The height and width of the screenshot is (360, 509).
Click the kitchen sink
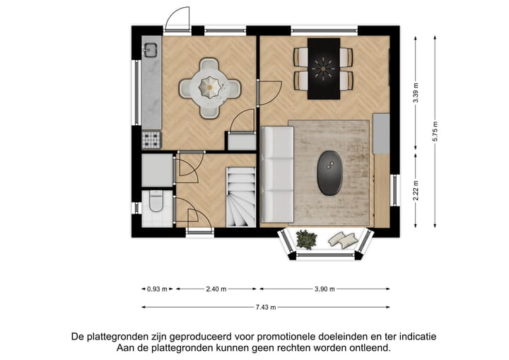(150, 50)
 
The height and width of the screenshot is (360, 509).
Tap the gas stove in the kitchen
(151, 140)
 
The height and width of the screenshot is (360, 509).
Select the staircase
(240, 197)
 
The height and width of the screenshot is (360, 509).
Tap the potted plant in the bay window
(306, 239)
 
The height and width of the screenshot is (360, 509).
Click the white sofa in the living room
(277, 174)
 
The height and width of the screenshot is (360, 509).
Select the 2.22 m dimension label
(416, 191)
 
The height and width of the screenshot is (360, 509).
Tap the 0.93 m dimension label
(157, 289)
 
